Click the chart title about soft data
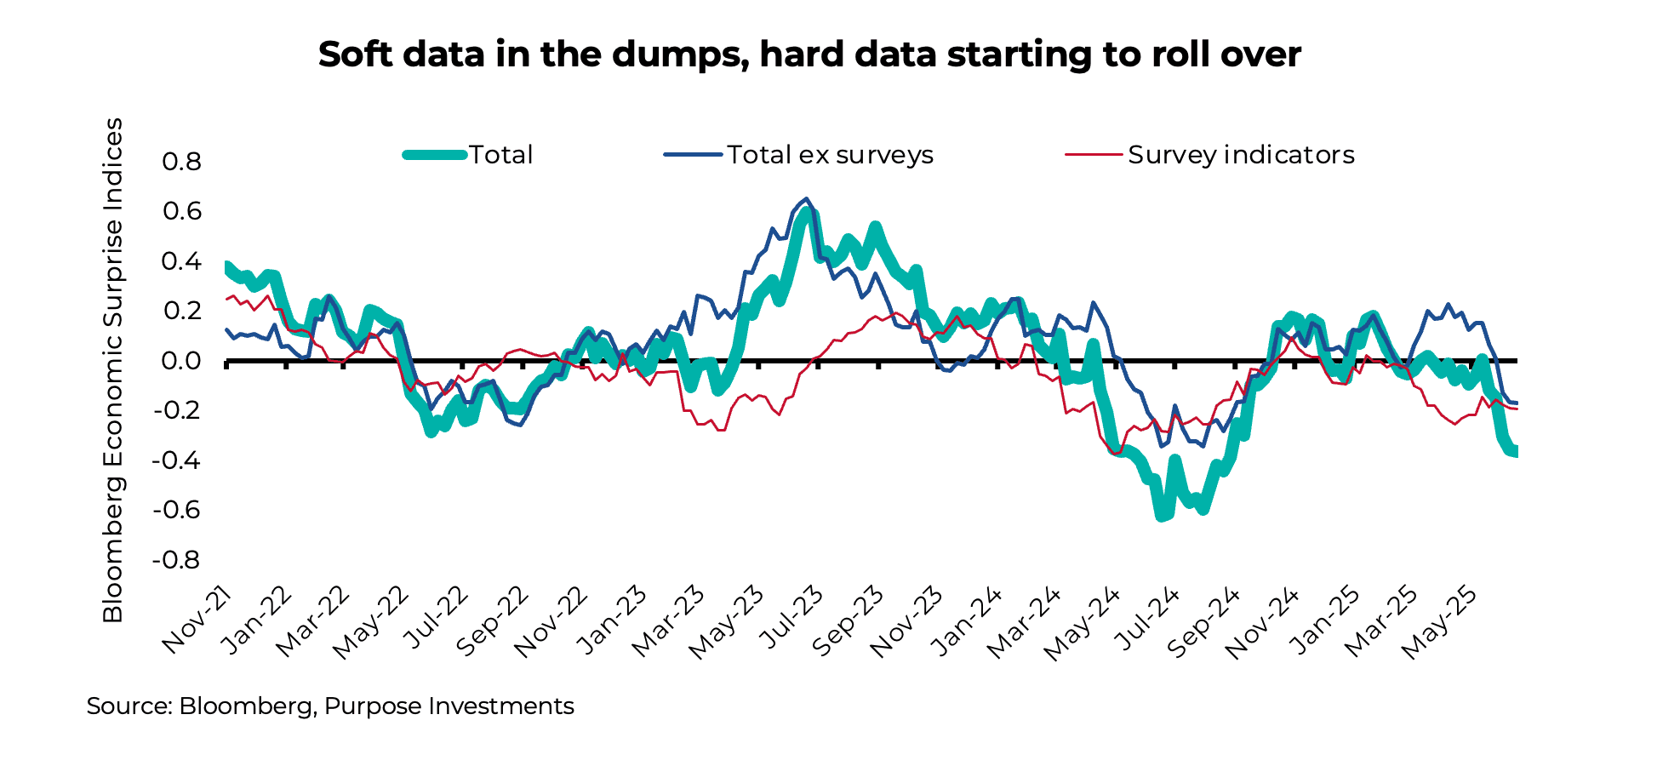click(x=809, y=54)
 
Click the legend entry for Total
click(x=500, y=155)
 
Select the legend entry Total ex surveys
click(x=830, y=155)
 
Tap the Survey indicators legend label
click(x=1241, y=155)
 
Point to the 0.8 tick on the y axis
click(x=181, y=162)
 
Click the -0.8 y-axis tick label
click(x=177, y=560)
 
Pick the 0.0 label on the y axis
click(x=181, y=361)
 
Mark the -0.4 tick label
click(x=177, y=460)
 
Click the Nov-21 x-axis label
click(x=197, y=620)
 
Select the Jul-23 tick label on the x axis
click(x=791, y=620)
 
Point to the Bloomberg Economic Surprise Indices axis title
click(x=113, y=370)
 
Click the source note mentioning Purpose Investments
click(x=330, y=706)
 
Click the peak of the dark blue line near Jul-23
click(x=806, y=198)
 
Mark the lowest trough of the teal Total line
click(x=1161, y=516)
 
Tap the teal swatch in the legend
click(x=435, y=155)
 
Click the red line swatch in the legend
click(x=1093, y=155)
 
